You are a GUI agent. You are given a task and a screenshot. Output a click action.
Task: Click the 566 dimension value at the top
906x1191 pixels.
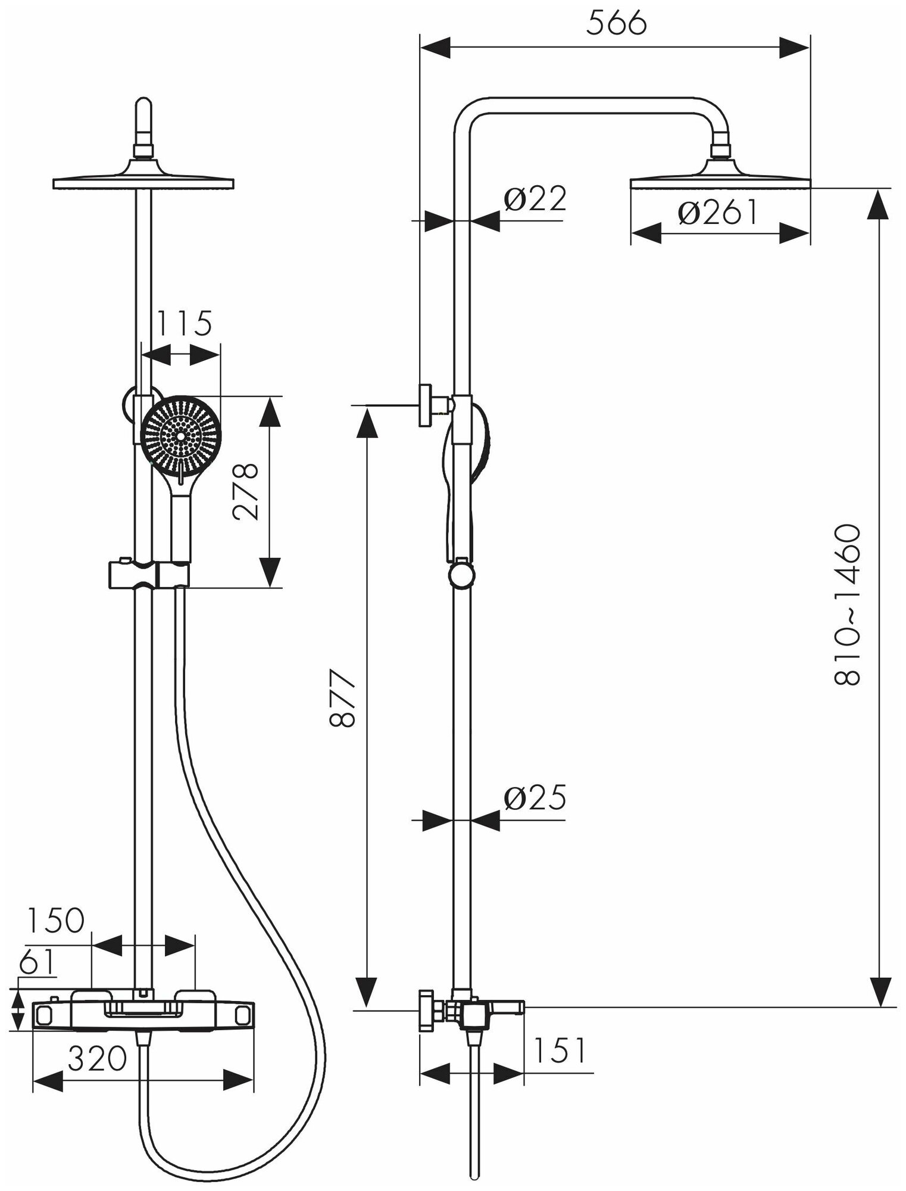[616, 24]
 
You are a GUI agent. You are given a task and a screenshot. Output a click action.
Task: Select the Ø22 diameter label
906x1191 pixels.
[534, 199]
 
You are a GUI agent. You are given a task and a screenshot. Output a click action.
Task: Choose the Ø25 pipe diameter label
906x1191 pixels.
[534, 799]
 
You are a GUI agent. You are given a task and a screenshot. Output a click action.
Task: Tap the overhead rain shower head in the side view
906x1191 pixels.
[720, 180]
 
